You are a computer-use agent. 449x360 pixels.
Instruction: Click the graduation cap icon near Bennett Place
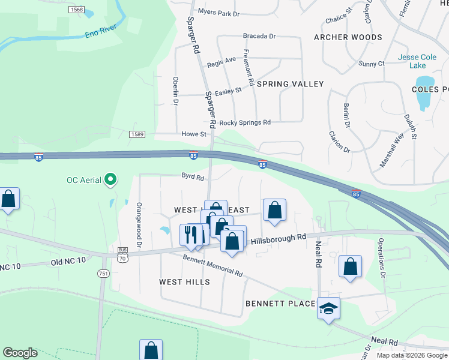pos(328,308)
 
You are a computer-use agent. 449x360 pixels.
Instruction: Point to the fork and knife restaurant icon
pos(191,234)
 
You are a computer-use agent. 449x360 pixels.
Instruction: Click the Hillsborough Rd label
pos(279,239)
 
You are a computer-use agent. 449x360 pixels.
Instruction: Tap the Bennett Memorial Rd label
pos(213,265)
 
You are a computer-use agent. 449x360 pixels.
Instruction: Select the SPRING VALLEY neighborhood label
pos(290,84)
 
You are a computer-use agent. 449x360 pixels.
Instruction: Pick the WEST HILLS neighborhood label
pos(184,281)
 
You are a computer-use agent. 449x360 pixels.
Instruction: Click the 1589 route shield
pos(136,134)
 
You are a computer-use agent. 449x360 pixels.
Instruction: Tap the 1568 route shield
pos(76,10)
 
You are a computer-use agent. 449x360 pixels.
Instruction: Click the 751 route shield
pos(103,274)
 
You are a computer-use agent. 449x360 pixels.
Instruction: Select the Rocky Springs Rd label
pos(245,122)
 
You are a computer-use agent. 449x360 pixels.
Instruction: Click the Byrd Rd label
pos(193,178)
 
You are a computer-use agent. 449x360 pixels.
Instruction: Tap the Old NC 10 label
pos(68,261)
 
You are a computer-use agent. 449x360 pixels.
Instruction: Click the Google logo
pos(20,352)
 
